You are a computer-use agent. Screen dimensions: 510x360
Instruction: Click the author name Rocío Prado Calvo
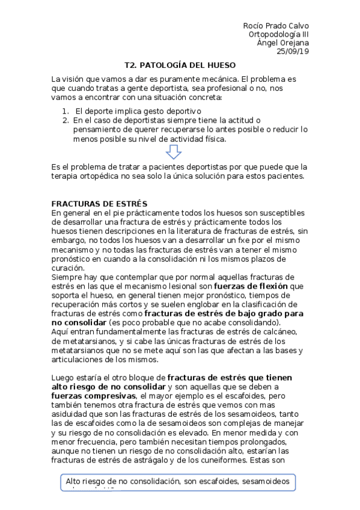[276, 26]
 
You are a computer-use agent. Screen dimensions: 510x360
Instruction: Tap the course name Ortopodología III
[279, 34]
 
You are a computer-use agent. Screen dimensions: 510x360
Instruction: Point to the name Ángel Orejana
[284, 43]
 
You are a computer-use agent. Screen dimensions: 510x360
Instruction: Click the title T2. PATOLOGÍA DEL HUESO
[180, 65]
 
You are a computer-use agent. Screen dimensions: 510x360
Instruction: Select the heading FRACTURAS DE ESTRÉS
[99, 203]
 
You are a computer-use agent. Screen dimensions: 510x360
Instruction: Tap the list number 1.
[65, 111]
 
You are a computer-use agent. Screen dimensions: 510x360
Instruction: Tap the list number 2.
[65, 120]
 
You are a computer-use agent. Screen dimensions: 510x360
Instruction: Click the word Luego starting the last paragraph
[64, 377]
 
